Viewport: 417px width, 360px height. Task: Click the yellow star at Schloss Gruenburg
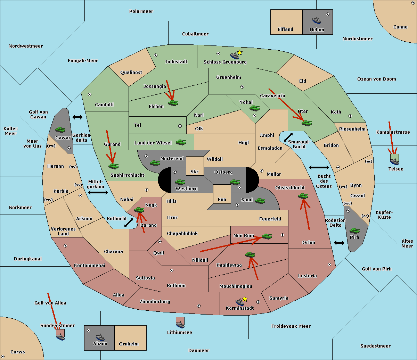click(x=239, y=53)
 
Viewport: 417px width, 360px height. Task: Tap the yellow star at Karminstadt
click(x=245, y=299)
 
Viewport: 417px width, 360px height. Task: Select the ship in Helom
click(x=317, y=20)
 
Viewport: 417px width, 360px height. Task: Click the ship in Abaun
click(x=100, y=337)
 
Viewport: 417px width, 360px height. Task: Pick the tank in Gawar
click(x=60, y=129)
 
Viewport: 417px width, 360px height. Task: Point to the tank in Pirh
click(x=354, y=231)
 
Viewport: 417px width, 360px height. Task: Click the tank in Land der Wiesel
click(x=181, y=142)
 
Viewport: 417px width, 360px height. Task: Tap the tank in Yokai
click(x=254, y=108)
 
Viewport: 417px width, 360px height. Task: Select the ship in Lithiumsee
click(x=180, y=324)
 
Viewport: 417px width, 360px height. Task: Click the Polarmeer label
click(x=141, y=11)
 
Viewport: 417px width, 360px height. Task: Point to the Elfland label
click(x=285, y=30)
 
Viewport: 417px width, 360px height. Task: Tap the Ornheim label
click(x=129, y=344)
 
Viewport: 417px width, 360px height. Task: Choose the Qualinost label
click(x=131, y=72)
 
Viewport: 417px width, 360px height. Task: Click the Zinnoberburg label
click(x=155, y=302)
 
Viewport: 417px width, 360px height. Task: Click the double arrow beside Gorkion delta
click(x=77, y=117)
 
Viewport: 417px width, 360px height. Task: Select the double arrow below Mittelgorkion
click(x=98, y=192)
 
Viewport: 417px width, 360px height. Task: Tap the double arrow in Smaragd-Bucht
click(x=288, y=137)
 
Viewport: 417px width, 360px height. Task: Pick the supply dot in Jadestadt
click(x=156, y=55)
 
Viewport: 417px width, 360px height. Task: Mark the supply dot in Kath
click(x=350, y=116)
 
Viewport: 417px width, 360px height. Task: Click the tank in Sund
click(x=260, y=201)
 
